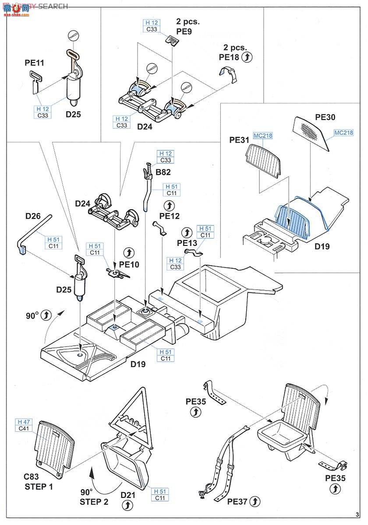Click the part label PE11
[34, 63]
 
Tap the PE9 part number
[184, 31]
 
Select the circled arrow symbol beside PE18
[248, 56]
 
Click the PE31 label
[239, 140]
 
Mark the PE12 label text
[169, 216]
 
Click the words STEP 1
[38, 486]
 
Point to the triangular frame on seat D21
[131, 411]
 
